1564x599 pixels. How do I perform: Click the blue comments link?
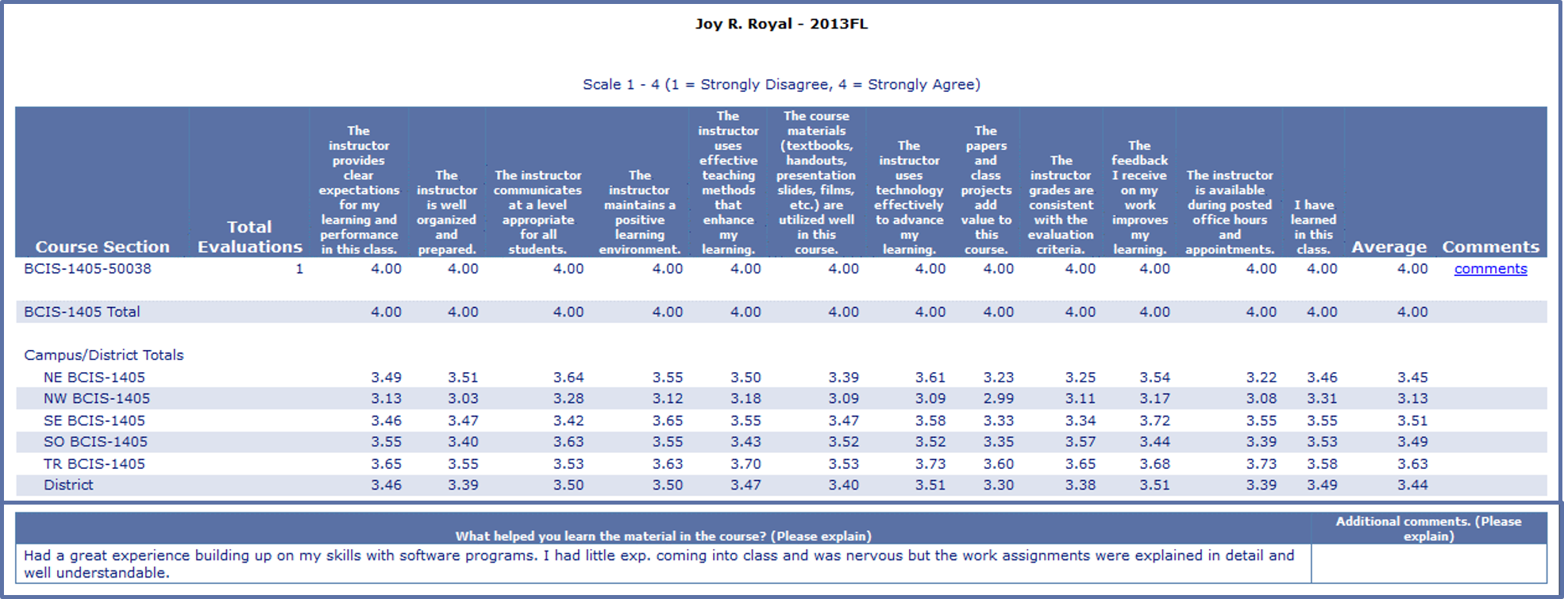1490,269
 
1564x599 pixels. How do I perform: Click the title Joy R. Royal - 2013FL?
781,24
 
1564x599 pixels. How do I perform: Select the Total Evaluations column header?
249,237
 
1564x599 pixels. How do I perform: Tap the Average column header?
1389,247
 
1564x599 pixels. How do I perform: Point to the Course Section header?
102,247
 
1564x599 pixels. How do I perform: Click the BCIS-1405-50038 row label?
87,269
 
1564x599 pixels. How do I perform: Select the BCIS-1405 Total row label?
82,312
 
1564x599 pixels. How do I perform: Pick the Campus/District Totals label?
104,355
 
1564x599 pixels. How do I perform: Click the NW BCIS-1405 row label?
97,398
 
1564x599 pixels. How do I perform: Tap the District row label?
68,485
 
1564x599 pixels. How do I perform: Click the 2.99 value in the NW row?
998,398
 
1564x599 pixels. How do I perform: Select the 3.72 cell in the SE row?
1154,420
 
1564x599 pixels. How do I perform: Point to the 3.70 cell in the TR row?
745,463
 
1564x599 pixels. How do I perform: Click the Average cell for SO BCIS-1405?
1412,442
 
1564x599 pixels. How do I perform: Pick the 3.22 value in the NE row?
1261,377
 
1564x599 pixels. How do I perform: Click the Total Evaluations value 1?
299,269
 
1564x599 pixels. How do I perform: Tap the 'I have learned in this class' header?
1313,227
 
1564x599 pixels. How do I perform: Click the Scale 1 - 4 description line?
781,84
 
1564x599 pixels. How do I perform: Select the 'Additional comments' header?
1428,528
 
